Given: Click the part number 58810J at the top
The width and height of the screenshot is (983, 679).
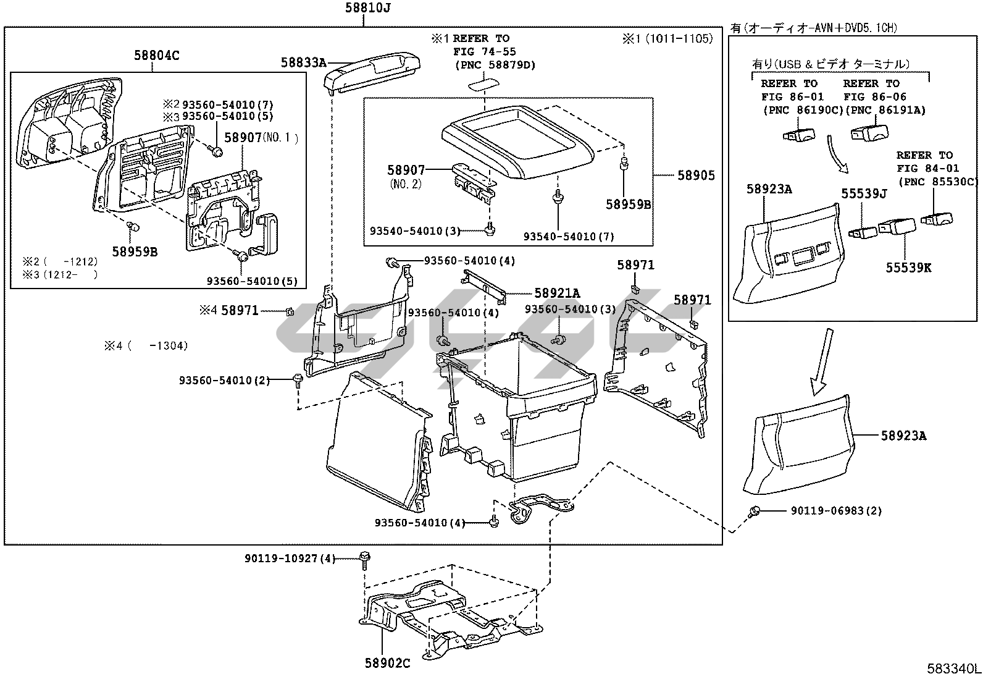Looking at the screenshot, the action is click(367, 8).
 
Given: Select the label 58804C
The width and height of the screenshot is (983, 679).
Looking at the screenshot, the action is click(157, 56).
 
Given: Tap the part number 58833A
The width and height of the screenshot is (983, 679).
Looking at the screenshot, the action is click(304, 63).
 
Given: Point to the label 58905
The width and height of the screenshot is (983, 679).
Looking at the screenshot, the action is click(696, 175).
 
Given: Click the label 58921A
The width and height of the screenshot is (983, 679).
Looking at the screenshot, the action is click(557, 293).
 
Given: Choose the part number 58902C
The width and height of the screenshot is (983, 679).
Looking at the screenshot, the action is click(388, 663).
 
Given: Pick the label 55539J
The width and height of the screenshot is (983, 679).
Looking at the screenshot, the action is click(864, 193).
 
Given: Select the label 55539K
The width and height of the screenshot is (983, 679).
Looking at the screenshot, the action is click(908, 268).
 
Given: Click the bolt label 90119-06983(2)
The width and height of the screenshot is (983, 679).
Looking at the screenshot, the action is click(836, 510).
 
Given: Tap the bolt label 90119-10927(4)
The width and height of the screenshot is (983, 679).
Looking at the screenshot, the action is click(290, 559).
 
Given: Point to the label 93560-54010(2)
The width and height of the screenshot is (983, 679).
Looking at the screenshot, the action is click(224, 380).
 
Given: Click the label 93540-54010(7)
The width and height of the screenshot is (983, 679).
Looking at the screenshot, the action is click(569, 237).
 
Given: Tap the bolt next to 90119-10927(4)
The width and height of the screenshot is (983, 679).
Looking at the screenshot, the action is click(364, 560).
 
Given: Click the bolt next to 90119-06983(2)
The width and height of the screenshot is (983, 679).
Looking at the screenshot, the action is click(755, 510).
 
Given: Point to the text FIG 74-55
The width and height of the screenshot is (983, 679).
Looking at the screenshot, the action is click(485, 52).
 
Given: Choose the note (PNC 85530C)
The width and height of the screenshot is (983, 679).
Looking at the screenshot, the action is click(938, 182).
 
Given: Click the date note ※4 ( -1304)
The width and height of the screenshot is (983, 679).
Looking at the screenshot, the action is click(146, 345).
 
